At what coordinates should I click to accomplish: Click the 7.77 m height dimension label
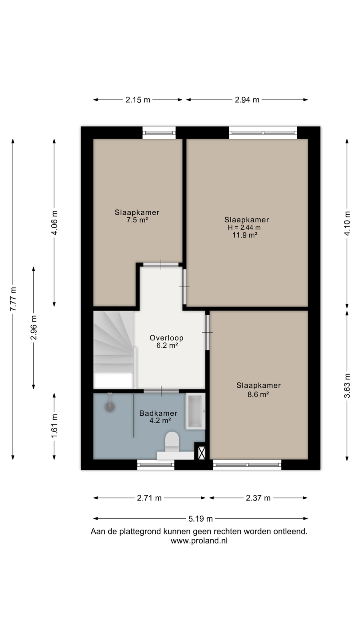(x=13, y=299)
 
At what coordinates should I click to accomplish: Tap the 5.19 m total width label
(x=200, y=518)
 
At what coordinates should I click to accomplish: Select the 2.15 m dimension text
(x=138, y=100)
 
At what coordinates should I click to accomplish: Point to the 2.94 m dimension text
(x=247, y=100)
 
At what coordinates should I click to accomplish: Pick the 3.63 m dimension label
(x=347, y=386)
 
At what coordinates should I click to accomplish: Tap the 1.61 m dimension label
(x=54, y=426)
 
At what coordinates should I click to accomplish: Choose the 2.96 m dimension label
(x=34, y=328)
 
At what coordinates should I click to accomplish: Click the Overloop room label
(x=166, y=338)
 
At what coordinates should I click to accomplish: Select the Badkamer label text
(x=158, y=413)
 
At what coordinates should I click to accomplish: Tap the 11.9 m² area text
(x=245, y=235)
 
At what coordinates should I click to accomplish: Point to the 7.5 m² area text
(x=137, y=220)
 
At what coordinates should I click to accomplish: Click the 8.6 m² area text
(x=258, y=394)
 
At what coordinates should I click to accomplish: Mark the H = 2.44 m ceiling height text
(x=244, y=228)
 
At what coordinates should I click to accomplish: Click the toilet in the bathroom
(x=172, y=442)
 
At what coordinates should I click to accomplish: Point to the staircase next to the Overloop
(x=114, y=350)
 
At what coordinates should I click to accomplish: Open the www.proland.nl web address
(x=199, y=540)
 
